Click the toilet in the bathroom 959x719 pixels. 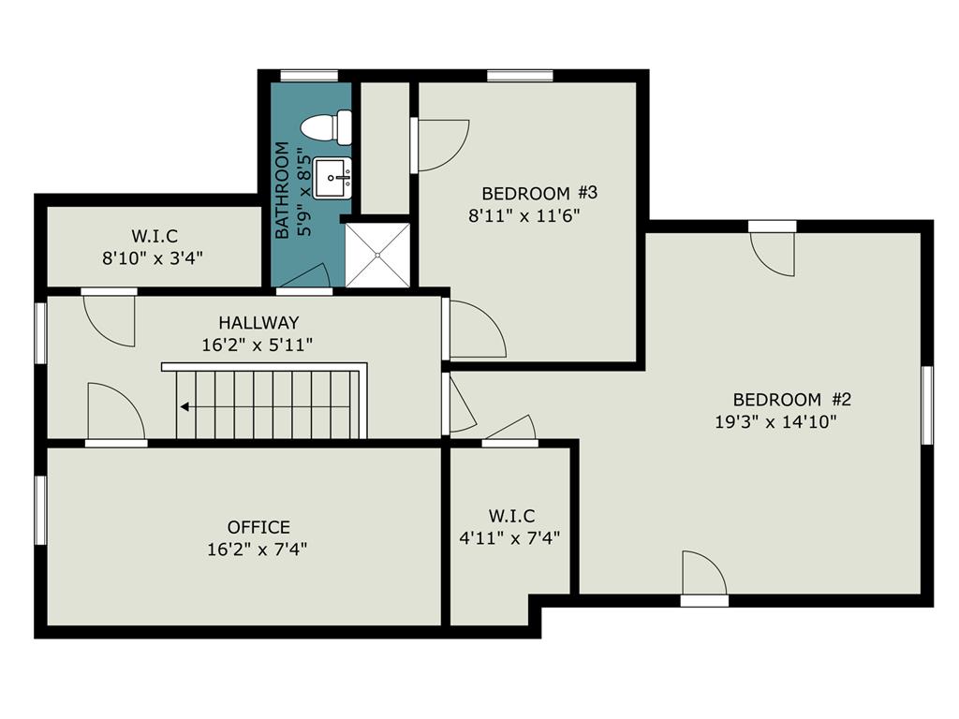tap(326, 127)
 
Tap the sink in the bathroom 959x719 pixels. tap(332, 178)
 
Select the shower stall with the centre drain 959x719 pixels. tap(377, 255)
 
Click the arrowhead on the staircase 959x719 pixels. tap(184, 406)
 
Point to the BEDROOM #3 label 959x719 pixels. tap(539, 193)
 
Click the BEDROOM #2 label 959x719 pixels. tap(792, 400)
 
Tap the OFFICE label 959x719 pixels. tap(258, 527)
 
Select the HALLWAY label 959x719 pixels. tap(258, 322)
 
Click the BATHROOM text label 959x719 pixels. tap(282, 190)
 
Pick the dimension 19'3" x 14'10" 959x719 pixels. tap(775, 422)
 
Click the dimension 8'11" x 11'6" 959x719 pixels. tap(524, 216)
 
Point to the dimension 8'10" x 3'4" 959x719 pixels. tap(153, 258)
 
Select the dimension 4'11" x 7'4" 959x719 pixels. tap(510, 538)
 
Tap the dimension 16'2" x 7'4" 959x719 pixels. tap(257, 549)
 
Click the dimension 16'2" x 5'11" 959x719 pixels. tap(258, 345)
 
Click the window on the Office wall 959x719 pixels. tap(40, 510)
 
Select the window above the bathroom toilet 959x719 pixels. tap(309, 76)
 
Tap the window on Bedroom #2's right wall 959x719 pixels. tap(927, 405)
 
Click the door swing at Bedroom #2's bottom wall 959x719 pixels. tap(704, 573)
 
